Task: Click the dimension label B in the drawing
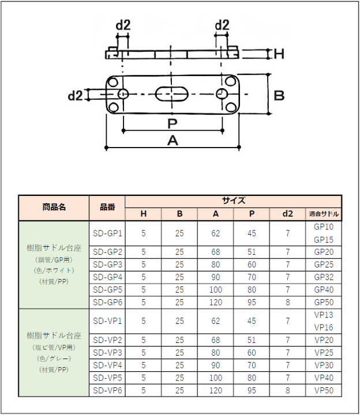pos(279,95)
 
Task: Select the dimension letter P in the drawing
pos(172,123)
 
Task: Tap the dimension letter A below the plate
pos(172,140)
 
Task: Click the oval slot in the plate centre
pos(172,93)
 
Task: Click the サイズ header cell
pos(233,201)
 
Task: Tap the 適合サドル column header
pos(323,214)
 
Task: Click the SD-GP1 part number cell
pos(107,233)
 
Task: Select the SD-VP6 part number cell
pos(107,390)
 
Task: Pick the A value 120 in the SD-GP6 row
pos(215,302)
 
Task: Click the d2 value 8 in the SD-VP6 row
pos(287,390)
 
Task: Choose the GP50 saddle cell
pos(323,302)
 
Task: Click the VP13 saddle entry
pos(323,315)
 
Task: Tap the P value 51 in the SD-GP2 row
pos(252,251)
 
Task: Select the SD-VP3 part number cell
pos(107,352)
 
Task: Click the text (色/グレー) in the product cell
pos(54,357)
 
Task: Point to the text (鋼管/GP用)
pos(54,260)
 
